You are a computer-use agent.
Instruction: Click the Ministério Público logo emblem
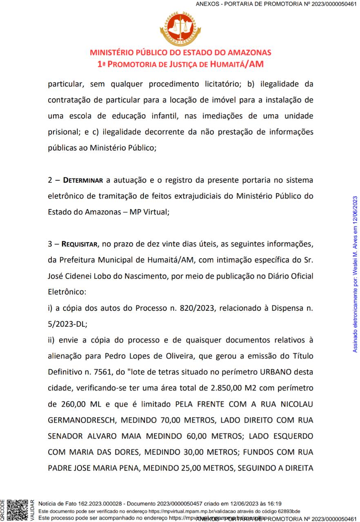point(180,28)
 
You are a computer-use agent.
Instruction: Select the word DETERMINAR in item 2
point(85,180)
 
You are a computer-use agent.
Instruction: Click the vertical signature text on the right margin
point(355,274)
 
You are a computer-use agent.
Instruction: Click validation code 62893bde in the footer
point(289,511)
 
